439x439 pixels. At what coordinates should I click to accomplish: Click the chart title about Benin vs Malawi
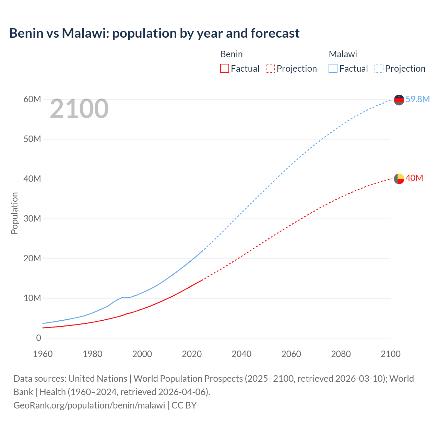[x=154, y=33]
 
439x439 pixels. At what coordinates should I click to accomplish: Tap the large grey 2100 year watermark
[x=79, y=109]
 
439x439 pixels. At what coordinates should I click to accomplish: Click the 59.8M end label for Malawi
[x=417, y=99]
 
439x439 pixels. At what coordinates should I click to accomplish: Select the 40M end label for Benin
[x=414, y=178]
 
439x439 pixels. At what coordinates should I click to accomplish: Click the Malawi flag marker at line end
[x=399, y=100]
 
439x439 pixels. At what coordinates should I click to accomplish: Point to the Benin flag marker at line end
[x=399, y=179]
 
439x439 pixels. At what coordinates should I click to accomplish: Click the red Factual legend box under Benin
[x=225, y=68]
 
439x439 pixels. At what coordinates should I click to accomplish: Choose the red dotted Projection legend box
[x=270, y=68]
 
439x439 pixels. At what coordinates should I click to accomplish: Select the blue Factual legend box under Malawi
[x=333, y=68]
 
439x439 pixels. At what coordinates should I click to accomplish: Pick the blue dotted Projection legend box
[x=379, y=68]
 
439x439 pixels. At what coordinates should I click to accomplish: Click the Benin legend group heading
[x=231, y=54]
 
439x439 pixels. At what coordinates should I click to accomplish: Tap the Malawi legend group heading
[x=343, y=54]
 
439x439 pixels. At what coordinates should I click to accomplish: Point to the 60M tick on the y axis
[x=32, y=99]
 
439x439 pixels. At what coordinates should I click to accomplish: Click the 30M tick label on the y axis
[x=32, y=218]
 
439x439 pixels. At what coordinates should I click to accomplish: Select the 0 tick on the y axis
[x=38, y=338]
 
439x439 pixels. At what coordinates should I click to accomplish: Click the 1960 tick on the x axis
[x=43, y=354]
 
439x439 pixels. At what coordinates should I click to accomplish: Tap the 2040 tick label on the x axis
[x=241, y=354]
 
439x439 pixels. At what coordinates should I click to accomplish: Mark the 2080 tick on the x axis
[x=341, y=354]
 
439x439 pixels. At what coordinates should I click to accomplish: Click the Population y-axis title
[x=14, y=213]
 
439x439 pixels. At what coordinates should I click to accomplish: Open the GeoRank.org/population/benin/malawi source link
[x=89, y=405]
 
